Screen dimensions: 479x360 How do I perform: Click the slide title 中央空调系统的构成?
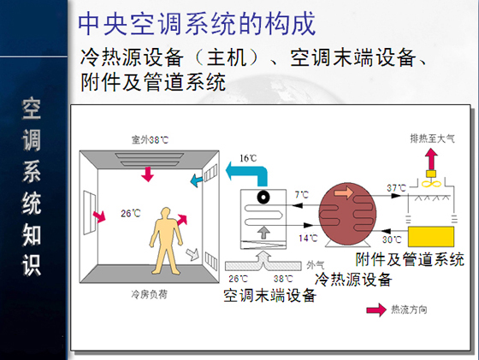tap(197, 24)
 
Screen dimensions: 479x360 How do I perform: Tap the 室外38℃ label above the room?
tap(150, 140)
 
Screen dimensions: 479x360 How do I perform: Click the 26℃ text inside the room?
tap(130, 213)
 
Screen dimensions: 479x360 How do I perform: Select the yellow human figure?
tap(166, 241)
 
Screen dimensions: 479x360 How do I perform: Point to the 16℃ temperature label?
tap(248, 158)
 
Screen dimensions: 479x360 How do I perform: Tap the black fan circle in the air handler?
tap(263, 197)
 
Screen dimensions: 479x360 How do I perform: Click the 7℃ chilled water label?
tap(301, 194)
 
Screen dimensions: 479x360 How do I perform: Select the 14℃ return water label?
tap(308, 239)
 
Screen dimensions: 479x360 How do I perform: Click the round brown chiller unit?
tap(347, 214)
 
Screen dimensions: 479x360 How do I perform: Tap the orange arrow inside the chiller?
tap(344, 192)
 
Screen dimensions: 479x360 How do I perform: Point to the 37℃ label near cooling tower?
tap(396, 188)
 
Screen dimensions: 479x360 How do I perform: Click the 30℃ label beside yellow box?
tap(392, 239)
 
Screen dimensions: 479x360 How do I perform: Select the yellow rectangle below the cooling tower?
tap(431, 237)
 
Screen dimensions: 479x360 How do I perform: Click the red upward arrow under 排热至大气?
tap(431, 159)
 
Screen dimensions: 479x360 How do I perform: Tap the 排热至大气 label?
tap(432, 139)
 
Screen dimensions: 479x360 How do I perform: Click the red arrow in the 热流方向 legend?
tap(376, 310)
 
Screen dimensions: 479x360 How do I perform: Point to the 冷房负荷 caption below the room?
tap(150, 294)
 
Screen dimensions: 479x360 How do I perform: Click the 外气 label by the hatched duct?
tap(316, 265)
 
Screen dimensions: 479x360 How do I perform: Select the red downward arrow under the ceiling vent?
tap(147, 174)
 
